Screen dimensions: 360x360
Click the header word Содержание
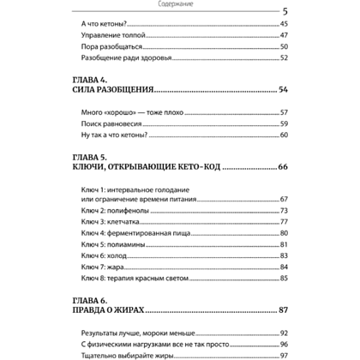tap(179, 3)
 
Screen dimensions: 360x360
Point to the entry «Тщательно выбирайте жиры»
tap(126, 354)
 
